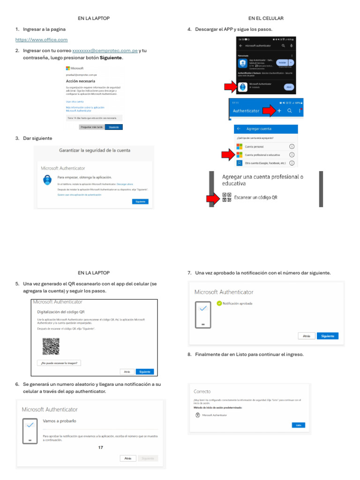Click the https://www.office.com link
41,40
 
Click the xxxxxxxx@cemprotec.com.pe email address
105,50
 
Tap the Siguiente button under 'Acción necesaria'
113,127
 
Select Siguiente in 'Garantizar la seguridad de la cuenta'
140,202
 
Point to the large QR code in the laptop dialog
51,346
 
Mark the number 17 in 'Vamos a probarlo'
101,448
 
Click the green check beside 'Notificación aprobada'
219,303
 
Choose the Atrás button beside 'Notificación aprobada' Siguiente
306,336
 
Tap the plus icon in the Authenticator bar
279,111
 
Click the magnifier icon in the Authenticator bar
290,111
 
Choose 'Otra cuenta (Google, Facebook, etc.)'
265,163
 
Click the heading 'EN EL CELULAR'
266,18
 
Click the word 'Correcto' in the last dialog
202,391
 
